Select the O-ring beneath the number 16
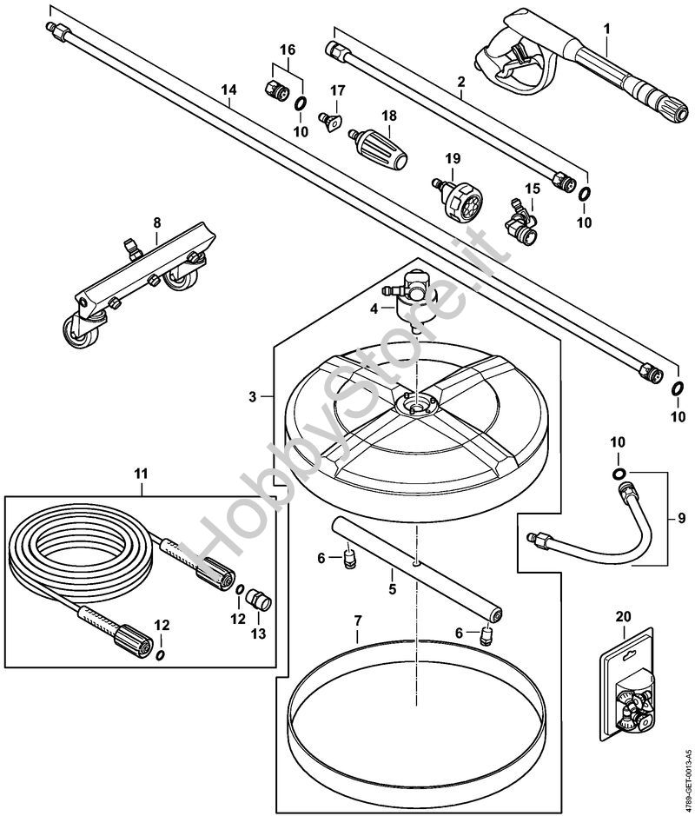pyautogui.click(x=299, y=105)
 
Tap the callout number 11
pyautogui.click(x=141, y=474)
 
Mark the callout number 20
pyautogui.click(x=623, y=616)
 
